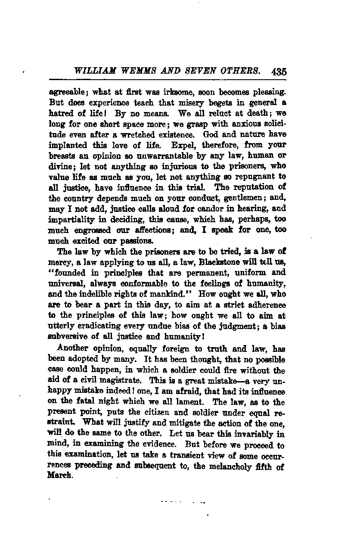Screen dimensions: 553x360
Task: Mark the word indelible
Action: click(98, 292)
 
